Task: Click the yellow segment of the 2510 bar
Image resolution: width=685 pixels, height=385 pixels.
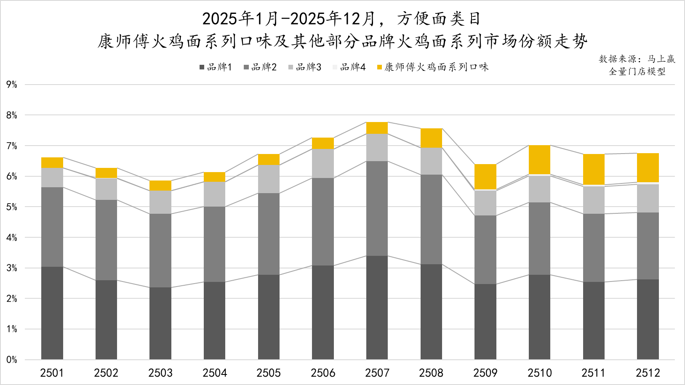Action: [x=539, y=159]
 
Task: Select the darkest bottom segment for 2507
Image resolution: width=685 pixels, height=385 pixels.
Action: [x=377, y=307]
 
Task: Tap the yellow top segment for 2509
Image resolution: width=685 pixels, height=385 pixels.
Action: [x=485, y=177]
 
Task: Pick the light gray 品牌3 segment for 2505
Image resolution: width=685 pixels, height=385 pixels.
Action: [x=269, y=179]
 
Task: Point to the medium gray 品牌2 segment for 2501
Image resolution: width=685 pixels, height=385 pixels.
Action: [x=52, y=227]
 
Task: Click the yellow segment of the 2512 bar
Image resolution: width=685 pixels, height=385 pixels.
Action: [x=648, y=167]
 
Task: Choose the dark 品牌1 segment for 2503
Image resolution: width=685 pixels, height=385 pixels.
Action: [x=160, y=323]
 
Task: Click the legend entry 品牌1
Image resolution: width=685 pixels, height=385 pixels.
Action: [x=216, y=67]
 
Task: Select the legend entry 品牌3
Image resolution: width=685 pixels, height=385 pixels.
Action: [x=305, y=67]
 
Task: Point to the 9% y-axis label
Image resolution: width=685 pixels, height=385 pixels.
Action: [x=12, y=85]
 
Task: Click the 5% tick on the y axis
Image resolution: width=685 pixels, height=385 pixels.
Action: [x=12, y=207]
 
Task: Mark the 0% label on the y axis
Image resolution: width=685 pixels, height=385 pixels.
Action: [x=12, y=360]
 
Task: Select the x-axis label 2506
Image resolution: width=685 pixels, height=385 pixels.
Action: [x=323, y=373]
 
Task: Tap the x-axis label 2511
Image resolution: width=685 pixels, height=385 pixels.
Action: [x=593, y=373]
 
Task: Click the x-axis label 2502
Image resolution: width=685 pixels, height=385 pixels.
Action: [x=106, y=373]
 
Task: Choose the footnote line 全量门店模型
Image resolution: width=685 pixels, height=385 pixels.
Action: [x=637, y=72]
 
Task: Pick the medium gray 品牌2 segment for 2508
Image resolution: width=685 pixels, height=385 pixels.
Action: [x=431, y=219]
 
